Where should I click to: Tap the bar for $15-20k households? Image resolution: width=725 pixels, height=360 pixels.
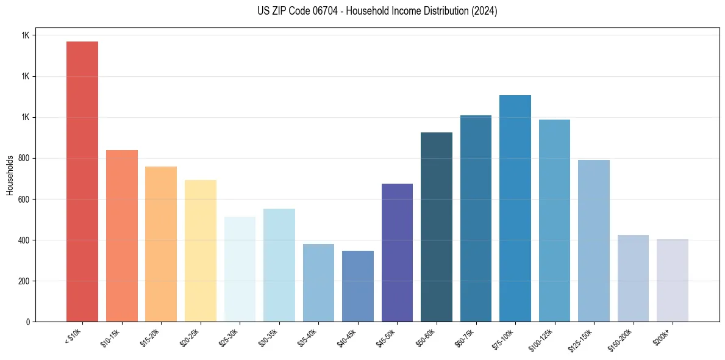[161, 244]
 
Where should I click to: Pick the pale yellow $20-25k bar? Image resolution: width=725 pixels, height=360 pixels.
[201, 251]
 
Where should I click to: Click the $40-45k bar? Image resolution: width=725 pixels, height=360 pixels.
[358, 286]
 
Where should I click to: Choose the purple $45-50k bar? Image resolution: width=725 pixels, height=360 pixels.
[397, 253]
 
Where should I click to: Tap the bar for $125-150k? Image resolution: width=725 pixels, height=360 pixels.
[594, 241]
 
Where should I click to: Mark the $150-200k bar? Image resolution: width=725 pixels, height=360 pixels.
[633, 278]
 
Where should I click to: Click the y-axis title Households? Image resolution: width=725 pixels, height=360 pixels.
[10, 175]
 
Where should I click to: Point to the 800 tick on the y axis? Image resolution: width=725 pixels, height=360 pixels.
[24, 159]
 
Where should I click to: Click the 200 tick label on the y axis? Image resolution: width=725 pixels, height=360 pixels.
[24, 281]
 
